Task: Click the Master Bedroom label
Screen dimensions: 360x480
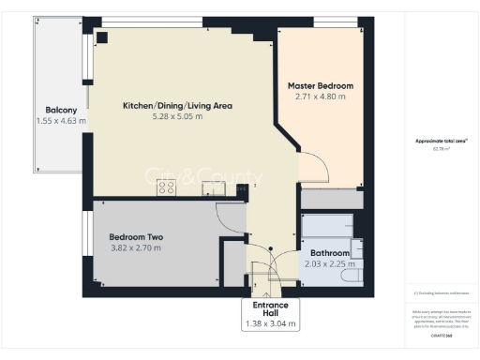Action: click(322, 84)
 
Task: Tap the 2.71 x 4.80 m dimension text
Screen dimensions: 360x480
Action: click(321, 96)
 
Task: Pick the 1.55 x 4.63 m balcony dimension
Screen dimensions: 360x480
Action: click(61, 121)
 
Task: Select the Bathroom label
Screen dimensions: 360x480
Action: click(331, 253)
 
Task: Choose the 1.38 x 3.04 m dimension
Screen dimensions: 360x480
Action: click(270, 324)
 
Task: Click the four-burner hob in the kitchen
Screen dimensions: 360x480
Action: click(167, 187)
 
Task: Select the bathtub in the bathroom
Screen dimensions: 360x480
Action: click(326, 227)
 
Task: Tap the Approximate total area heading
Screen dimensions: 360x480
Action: click(442, 141)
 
